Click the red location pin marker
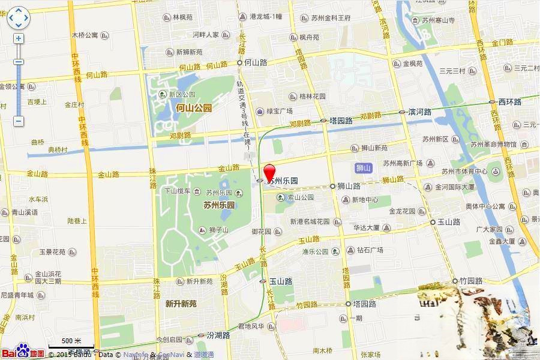tap(270, 170)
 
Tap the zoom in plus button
tap(19, 38)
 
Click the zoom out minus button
tap(19, 121)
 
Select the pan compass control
tap(18, 18)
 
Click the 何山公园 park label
tap(194, 108)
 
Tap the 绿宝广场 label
tap(280, 111)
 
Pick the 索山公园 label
tap(300, 197)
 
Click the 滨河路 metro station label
tap(419, 112)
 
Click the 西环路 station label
tap(509, 102)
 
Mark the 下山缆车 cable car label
tap(178, 191)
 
